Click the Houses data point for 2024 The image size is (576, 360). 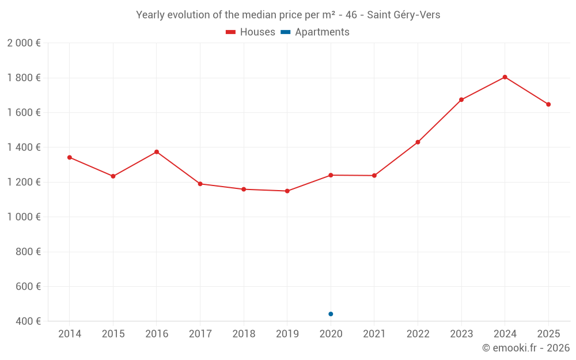point(505,77)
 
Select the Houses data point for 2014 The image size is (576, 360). point(70,157)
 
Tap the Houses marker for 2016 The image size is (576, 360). point(157,152)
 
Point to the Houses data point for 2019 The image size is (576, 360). point(287,191)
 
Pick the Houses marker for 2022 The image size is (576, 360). point(418,142)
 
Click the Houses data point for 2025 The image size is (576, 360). point(548,104)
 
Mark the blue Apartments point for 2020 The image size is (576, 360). point(331,314)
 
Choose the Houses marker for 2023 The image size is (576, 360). point(461,100)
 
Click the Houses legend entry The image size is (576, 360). point(251,32)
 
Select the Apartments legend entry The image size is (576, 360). point(316,32)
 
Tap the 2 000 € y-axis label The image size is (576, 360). point(24,43)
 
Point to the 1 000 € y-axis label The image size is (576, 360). point(24,217)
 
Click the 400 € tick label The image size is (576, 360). point(28,321)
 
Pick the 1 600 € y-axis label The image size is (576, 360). point(24,113)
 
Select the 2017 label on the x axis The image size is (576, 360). point(200,334)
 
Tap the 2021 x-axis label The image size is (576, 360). point(374,334)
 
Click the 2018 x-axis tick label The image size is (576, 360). point(244,334)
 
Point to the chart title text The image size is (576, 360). point(288,15)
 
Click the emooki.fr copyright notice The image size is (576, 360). point(525,348)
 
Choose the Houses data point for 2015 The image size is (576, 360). point(113,176)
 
